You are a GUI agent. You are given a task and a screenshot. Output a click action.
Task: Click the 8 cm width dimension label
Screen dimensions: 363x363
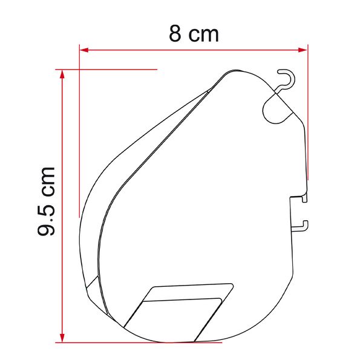[x=194, y=34]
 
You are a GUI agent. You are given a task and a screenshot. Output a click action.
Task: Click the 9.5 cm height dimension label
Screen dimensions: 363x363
[x=46, y=201]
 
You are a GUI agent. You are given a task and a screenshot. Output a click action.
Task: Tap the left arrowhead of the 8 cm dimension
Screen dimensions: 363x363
[x=84, y=50]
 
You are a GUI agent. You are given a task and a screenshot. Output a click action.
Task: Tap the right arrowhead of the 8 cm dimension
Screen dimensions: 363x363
[x=303, y=50]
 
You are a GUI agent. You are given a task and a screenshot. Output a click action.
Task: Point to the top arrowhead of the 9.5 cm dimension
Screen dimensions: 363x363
[x=62, y=74]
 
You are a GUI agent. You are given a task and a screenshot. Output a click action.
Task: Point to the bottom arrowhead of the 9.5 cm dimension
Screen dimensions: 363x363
[x=62, y=338]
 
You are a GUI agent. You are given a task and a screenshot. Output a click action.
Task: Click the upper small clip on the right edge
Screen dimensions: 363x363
[x=304, y=198]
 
